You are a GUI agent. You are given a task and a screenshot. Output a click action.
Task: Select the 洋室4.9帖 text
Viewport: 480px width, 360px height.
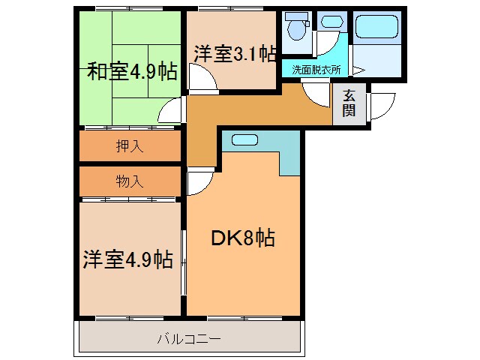tap(127, 260)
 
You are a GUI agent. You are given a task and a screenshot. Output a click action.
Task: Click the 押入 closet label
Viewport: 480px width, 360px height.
tap(130, 146)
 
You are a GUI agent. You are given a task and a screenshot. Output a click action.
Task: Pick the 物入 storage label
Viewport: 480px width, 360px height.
tap(130, 181)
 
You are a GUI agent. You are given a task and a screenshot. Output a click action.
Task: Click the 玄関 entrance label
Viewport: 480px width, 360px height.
tap(349, 103)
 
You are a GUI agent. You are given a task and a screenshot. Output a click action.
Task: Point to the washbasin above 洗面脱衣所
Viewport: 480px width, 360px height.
tap(330, 24)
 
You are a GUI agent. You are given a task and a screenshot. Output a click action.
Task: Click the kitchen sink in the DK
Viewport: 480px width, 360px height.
tap(244, 140)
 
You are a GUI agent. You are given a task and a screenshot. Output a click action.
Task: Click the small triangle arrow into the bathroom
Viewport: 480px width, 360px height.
tap(358, 70)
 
